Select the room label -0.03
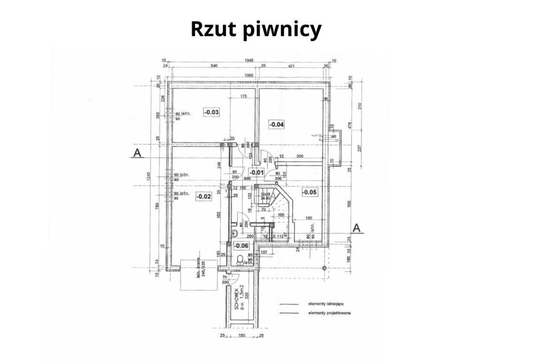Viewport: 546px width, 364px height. coord(212,112)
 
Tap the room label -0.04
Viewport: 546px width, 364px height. coord(277,124)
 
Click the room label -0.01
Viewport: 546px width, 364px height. coord(257,172)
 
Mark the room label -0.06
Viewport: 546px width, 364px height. coord(241,246)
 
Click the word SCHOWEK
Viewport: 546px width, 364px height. coord(237,298)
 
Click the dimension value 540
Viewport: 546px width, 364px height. coord(214,66)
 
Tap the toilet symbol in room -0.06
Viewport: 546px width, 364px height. coord(240,260)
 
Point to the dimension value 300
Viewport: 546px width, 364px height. coord(299,157)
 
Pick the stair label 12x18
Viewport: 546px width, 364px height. coord(264,194)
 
